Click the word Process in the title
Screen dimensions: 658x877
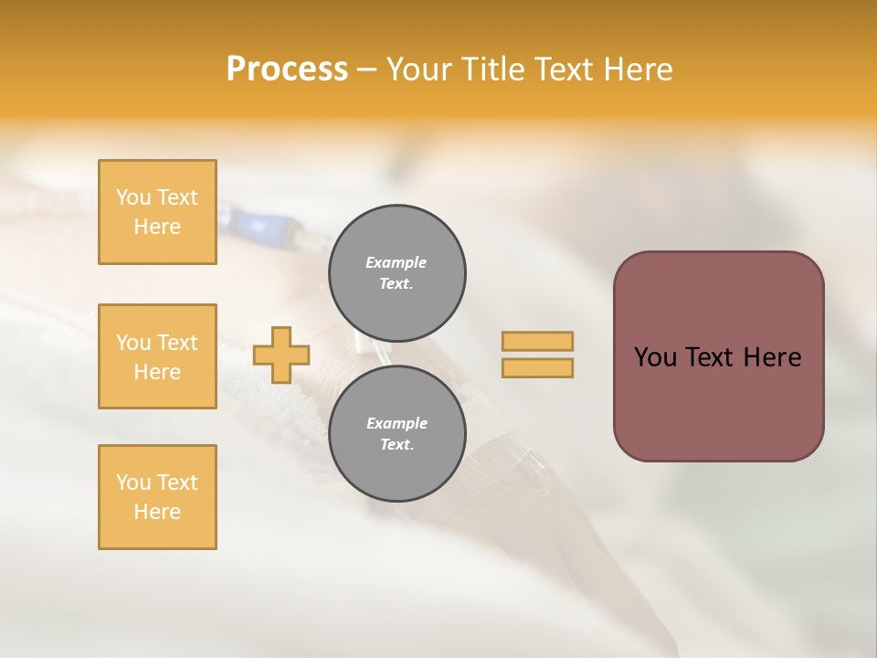287,69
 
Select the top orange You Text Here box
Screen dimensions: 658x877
157,212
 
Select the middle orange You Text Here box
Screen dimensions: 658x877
157,356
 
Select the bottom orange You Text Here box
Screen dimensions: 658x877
157,497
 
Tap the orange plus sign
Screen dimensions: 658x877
281,355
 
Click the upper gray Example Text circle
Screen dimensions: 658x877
396,272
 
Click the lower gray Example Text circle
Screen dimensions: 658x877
396,433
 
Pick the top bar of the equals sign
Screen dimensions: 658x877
537,341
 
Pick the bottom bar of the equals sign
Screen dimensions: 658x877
537,367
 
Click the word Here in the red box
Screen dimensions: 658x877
772,357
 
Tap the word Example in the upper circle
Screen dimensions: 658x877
396,262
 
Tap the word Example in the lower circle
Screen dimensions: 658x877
396,423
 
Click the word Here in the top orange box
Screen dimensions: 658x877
157,227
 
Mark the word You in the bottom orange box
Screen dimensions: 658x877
133,483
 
